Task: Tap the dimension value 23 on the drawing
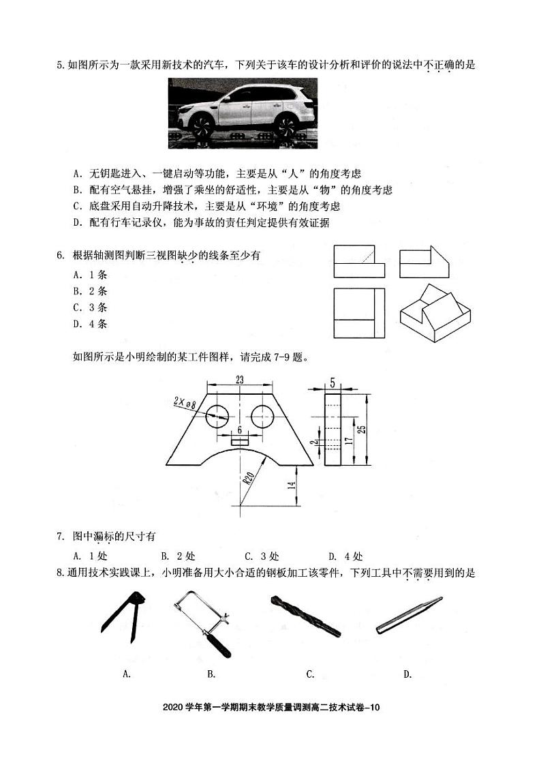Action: pyautogui.click(x=240, y=379)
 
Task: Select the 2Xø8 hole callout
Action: pyautogui.click(x=184, y=403)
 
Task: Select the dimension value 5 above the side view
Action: pyautogui.click(x=333, y=383)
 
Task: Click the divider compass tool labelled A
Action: pyautogui.click(x=123, y=612)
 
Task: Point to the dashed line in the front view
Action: pyautogui.click(x=366, y=255)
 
